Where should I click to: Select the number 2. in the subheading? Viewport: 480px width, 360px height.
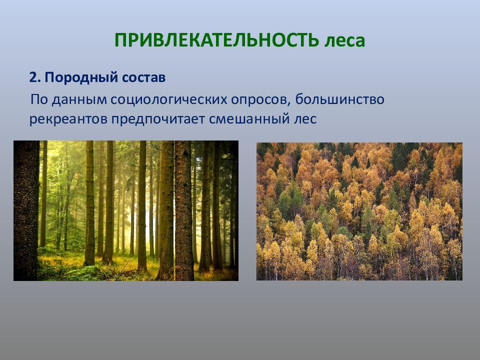coord(34,78)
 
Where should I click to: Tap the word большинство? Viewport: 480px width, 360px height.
coord(339,99)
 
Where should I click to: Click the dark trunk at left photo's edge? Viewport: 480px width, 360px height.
coord(25,210)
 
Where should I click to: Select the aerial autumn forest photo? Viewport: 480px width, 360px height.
coord(359,211)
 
